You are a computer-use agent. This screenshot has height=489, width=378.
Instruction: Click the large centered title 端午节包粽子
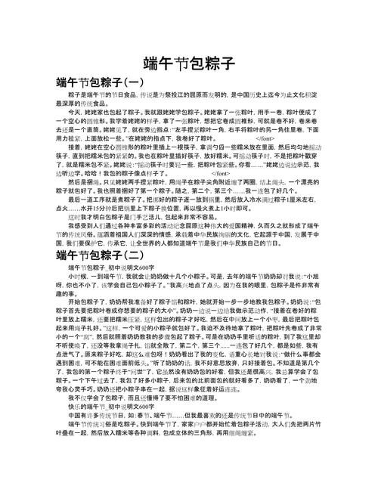[188, 63]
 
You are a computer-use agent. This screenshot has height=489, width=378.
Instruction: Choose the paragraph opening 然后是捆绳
[84, 181]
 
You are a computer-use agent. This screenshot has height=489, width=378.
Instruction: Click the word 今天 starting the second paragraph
[73, 111]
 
